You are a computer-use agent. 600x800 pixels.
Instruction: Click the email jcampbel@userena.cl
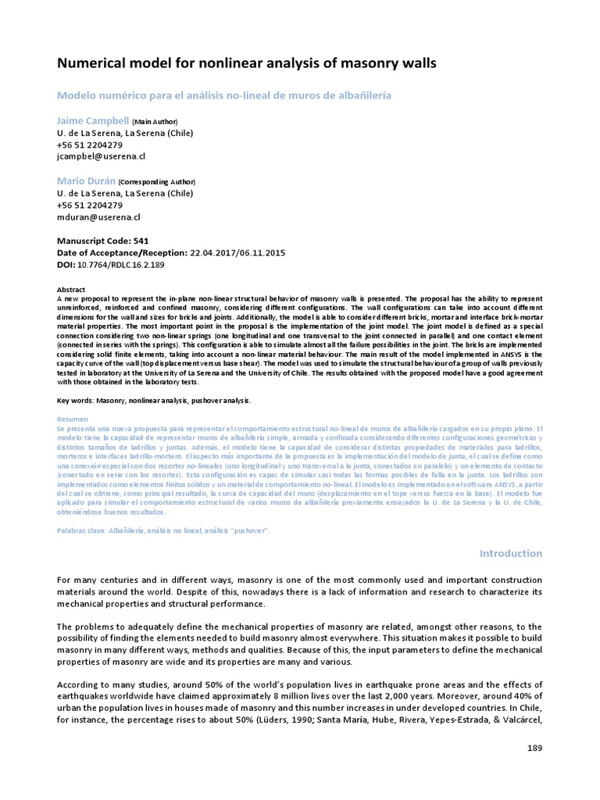(x=101, y=156)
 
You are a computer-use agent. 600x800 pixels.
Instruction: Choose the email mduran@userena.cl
(x=98, y=216)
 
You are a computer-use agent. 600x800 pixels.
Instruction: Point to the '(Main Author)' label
(x=155, y=123)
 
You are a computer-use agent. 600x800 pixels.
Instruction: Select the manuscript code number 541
(x=141, y=241)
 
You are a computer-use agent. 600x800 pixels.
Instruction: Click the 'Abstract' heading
(x=72, y=289)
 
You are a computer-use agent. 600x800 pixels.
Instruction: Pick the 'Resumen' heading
(x=73, y=420)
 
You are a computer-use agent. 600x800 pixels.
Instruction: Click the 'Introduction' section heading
(x=510, y=553)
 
